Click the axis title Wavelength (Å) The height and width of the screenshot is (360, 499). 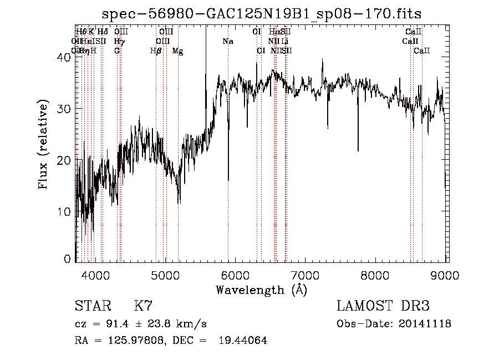[x=261, y=290]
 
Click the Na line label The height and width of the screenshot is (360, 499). [x=228, y=41]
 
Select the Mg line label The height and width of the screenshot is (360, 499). [x=178, y=51]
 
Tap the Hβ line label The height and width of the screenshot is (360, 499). [x=156, y=51]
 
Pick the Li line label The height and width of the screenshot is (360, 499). [x=284, y=41]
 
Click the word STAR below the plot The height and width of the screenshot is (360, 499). [x=91, y=306]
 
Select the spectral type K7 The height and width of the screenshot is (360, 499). [x=143, y=306]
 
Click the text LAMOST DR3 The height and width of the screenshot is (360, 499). [x=384, y=306]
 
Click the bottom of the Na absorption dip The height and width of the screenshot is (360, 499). [x=228, y=180]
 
